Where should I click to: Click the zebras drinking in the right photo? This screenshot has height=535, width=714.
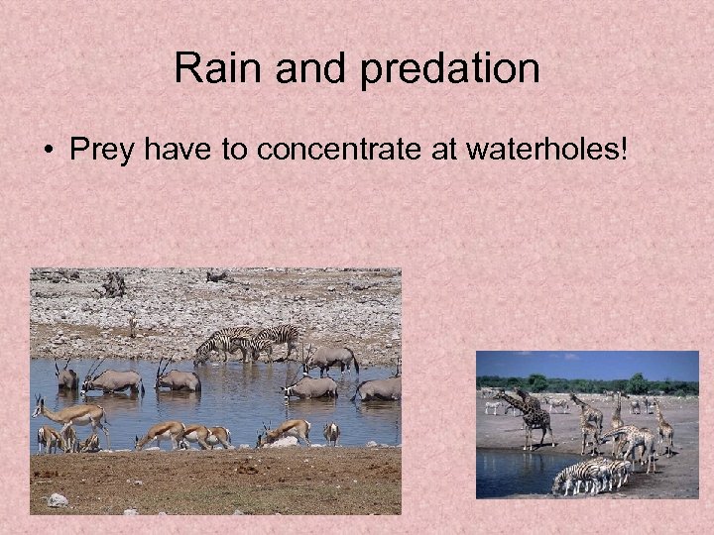click(x=592, y=475)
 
